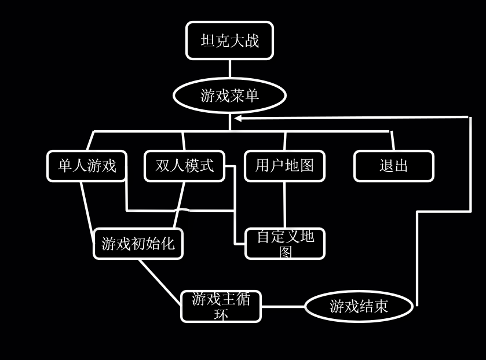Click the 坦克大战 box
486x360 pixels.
tap(229, 41)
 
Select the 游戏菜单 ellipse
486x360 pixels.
tap(229, 95)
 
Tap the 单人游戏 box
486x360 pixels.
tap(87, 166)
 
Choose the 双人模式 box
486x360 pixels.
tap(184, 166)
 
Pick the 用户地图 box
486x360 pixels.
tap(284, 166)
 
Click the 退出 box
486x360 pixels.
tap(394, 166)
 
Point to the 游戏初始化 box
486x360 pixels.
tap(138, 244)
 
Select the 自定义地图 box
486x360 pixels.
tap(285, 244)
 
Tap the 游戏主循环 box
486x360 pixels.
tap(221, 306)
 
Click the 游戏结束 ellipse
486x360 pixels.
tap(359, 306)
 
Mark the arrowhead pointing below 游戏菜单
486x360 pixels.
tap(238, 118)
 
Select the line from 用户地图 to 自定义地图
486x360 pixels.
tap(284, 205)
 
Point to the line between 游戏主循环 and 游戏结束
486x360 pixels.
tap(283, 307)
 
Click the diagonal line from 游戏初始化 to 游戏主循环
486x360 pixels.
tap(160, 281)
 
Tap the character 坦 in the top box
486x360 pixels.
tap(208, 41)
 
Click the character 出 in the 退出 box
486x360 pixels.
tap(401, 166)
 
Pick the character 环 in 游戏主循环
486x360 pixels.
tap(221, 314)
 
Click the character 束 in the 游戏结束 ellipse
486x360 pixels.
tap(381, 307)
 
